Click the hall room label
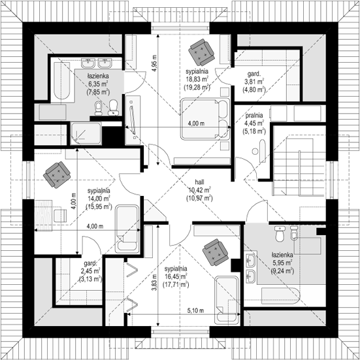click(199, 182)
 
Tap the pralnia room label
click(254, 115)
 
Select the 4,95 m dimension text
click(154, 63)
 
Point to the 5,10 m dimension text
click(195, 311)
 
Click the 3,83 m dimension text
click(154, 283)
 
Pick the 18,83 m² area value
click(197, 79)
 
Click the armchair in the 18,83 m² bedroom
click(201, 52)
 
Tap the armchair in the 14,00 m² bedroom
click(57, 175)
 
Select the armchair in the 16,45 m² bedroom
click(216, 252)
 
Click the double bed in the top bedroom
click(205, 119)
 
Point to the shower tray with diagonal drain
click(86, 133)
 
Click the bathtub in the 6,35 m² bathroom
click(62, 80)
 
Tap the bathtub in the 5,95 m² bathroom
click(280, 296)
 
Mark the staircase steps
click(299, 167)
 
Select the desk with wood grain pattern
click(43, 216)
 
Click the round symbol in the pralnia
click(255, 152)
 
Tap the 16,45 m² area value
click(176, 276)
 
